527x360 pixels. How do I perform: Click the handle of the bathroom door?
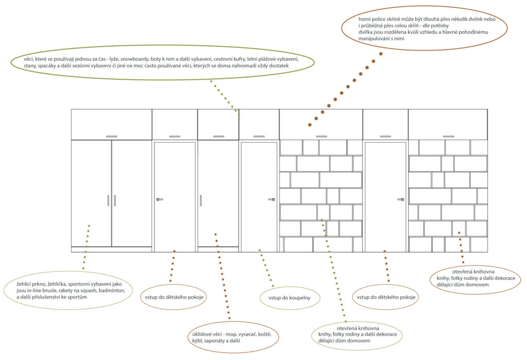[x=272, y=200]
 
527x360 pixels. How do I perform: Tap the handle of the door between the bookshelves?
[x=400, y=200]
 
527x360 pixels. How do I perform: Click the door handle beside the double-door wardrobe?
[x=159, y=200]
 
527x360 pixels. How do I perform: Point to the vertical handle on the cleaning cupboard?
[x=201, y=200]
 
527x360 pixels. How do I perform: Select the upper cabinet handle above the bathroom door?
[x=259, y=136]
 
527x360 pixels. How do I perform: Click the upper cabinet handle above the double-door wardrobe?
[x=112, y=136]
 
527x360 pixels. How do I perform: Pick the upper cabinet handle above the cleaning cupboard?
[x=218, y=136]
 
